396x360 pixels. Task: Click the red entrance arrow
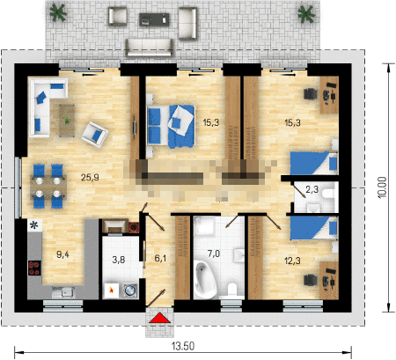pos(159,318)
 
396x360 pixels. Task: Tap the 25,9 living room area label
pos(90,177)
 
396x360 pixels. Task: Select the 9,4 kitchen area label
pos(62,254)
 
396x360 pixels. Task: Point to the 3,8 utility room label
pos(119,260)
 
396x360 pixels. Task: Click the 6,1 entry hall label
pos(160,258)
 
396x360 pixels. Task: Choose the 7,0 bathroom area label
pos(214,253)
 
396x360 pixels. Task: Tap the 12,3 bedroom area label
pos(292,261)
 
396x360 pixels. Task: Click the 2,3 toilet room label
pos(312,189)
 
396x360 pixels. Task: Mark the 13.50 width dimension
pos(183,346)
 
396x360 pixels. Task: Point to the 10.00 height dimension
pos(383,187)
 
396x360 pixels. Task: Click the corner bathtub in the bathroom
pos(205,279)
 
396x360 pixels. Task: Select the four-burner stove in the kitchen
pos(34,268)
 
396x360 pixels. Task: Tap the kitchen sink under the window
pos(63,292)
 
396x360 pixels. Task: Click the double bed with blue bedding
pos(172,126)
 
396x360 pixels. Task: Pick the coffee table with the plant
pos(67,121)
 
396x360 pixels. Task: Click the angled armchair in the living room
pos(95,135)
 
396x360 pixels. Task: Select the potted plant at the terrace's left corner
pos(58,12)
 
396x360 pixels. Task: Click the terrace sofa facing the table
pos(149,48)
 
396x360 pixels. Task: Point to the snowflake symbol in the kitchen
pos(34,225)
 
